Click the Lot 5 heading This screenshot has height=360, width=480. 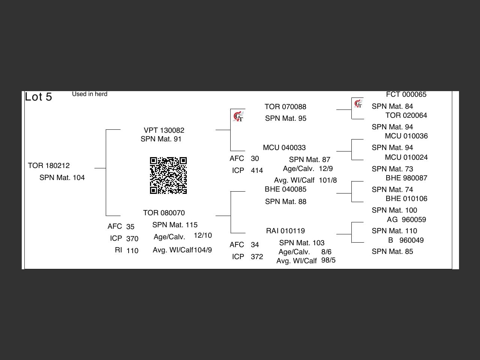pos(38,97)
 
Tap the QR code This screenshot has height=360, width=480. pos(168,175)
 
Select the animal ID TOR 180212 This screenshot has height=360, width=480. pos(49,166)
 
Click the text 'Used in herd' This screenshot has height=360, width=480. pos(90,94)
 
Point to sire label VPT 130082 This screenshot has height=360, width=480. pos(164,130)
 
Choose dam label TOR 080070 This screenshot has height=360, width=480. pos(164,213)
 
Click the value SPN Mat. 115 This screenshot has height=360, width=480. pos(175,225)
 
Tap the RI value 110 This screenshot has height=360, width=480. pos(132,251)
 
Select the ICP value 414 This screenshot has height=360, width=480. pos(257,171)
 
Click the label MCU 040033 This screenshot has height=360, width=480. pos(284,148)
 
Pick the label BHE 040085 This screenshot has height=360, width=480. pos(285,189)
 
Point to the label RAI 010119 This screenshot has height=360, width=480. pos(285,231)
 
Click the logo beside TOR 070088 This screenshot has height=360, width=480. pos(238,117)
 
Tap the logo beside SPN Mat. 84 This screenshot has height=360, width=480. pos(358,104)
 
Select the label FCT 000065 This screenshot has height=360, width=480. pos(406,94)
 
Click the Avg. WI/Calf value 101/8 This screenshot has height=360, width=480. pos(328,180)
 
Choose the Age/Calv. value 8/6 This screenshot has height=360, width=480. pos(326,252)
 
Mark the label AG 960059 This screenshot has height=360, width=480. pos(406,220)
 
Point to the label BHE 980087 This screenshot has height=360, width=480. pos(406,178)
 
